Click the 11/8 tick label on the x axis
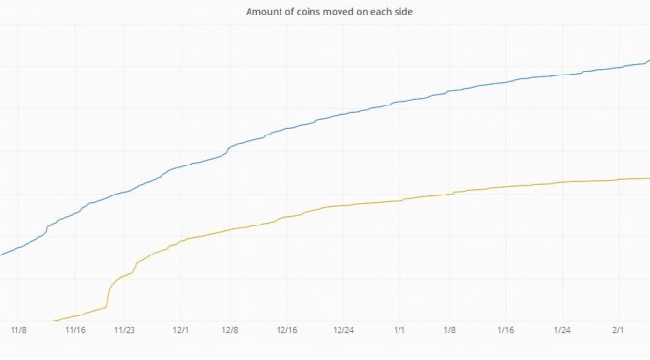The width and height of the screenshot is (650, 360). [17, 330]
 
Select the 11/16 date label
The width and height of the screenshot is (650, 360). [75, 330]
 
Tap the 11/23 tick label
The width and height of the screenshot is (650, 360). [125, 330]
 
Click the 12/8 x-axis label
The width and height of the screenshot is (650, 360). [231, 330]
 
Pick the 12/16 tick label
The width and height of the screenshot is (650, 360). [287, 330]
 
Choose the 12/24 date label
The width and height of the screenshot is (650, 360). [343, 330]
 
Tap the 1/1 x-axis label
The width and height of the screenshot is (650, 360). [399, 330]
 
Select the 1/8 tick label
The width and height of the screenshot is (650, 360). [449, 330]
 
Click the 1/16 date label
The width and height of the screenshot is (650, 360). [505, 330]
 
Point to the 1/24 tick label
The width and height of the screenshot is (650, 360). [562, 330]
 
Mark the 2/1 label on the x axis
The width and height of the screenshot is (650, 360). [618, 330]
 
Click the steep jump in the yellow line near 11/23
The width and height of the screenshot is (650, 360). [108, 291]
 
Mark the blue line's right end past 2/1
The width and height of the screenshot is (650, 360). [648, 61]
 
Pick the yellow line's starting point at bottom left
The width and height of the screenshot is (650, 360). [54, 319]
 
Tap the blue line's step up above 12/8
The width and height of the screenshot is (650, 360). [227, 149]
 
